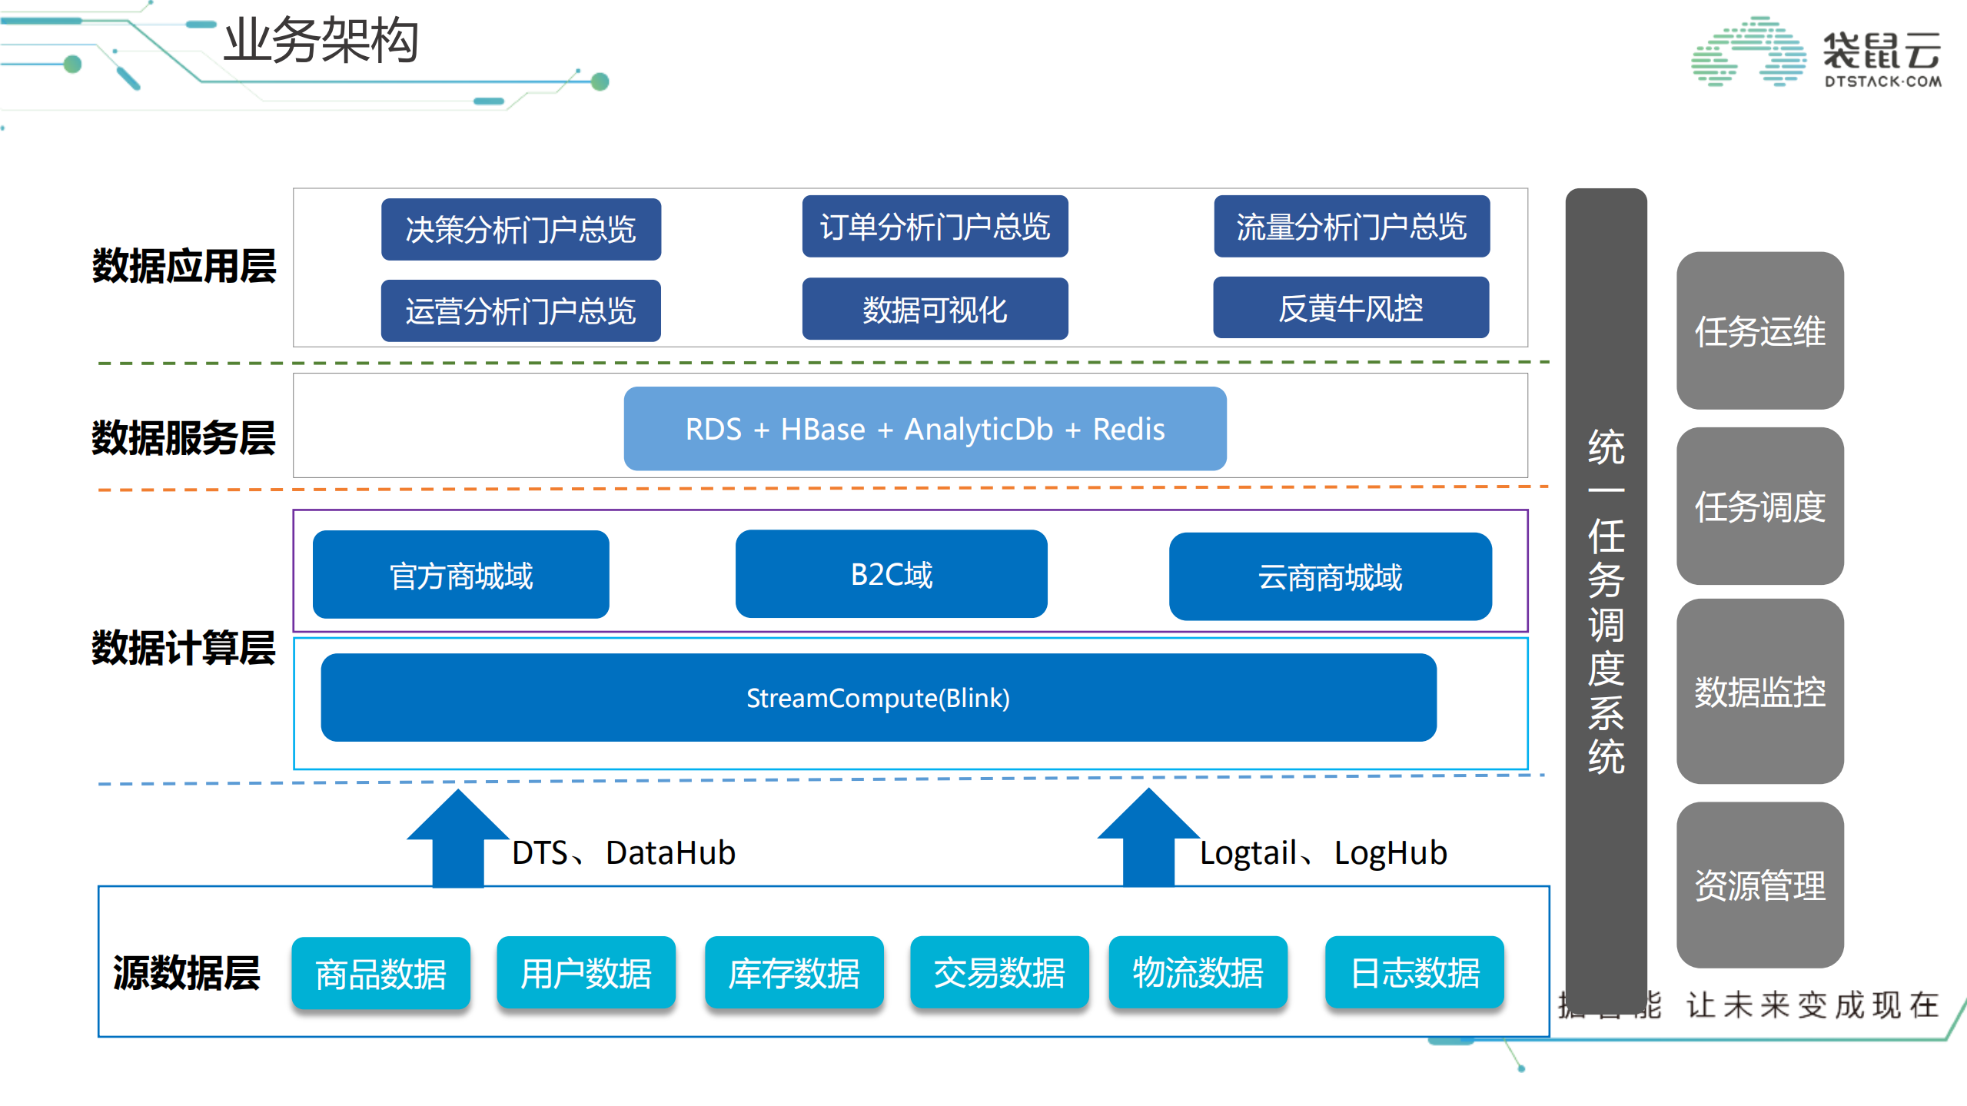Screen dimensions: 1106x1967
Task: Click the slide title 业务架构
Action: (x=321, y=40)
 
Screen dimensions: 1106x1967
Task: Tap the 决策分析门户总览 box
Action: (x=520, y=229)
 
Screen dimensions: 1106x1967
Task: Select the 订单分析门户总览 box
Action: (x=934, y=226)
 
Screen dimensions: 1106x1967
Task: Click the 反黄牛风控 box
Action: (x=1350, y=307)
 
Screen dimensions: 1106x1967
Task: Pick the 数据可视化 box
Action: (x=934, y=309)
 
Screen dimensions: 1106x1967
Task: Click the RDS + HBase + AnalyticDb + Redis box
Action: (x=924, y=429)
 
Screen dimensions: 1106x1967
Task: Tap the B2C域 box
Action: (x=890, y=574)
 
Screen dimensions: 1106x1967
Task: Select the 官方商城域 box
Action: (x=460, y=575)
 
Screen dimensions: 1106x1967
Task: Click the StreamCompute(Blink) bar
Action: (x=878, y=698)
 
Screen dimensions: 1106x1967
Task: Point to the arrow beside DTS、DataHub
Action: (x=457, y=840)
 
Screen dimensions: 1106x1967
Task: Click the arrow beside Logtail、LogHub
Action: (x=1148, y=839)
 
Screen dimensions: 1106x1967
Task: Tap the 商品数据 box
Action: (x=380, y=973)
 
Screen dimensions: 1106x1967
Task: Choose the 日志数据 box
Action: (x=1414, y=972)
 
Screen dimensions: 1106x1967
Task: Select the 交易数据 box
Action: (x=998, y=972)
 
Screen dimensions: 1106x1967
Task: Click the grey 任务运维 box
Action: (x=1759, y=330)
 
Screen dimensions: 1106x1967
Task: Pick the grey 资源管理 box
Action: (x=1759, y=885)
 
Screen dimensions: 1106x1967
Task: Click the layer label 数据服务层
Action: (x=183, y=437)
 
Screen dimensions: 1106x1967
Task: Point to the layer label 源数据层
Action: (x=186, y=972)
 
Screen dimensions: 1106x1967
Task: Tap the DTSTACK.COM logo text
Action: (x=1882, y=81)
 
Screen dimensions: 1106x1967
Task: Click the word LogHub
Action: (x=1390, y=852)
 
